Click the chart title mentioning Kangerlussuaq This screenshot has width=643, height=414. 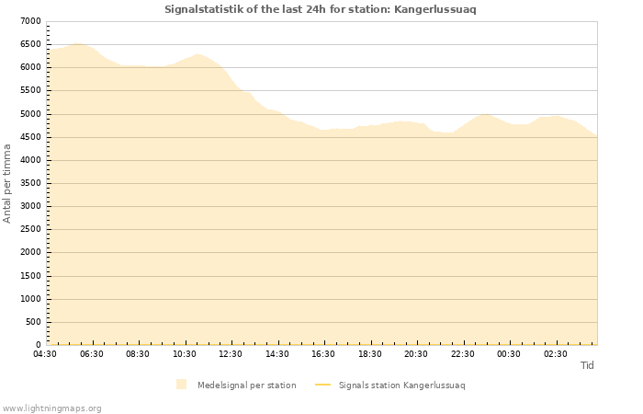(321, 9)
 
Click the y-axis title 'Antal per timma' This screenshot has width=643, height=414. (7, 183)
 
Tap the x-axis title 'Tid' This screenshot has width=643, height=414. (587, 365)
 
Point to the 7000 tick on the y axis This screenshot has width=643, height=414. (30, 21)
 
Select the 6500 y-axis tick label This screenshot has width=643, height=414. (30, 44)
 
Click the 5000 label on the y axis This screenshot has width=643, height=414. (30, 114)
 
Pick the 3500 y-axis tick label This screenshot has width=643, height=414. (30, 183)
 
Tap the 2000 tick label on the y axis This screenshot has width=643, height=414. (30, 253)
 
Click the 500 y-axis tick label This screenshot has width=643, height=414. (34, 322)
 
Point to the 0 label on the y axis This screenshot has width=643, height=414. (38, 345)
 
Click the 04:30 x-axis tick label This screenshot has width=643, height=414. (45, 354)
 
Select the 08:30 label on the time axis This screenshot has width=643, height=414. (138, 354)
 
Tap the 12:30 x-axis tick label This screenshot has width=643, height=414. (231, 354)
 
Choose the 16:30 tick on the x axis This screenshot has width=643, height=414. (323, 354)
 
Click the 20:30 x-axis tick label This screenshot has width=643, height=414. (416, 354)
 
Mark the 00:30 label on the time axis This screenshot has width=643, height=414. (509, 354)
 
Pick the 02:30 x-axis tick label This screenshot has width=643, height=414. (556, 354)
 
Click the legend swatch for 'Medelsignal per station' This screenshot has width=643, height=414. (182, 385)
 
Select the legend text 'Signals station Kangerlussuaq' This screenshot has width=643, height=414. (401, 385)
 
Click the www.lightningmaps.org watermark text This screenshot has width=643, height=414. (52, 408)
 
